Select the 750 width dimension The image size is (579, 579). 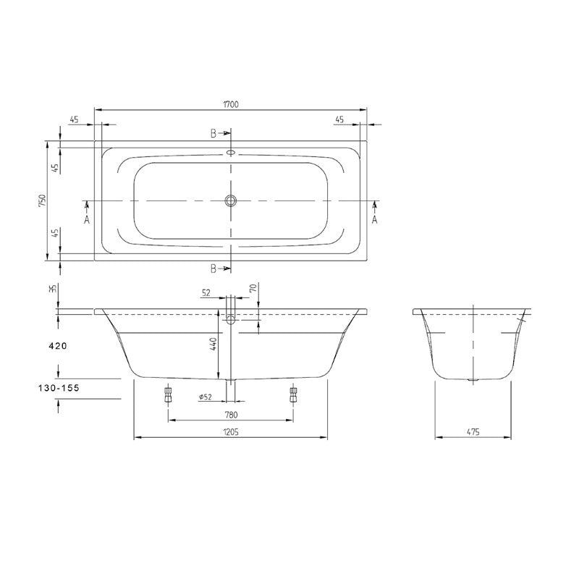pos(42,200)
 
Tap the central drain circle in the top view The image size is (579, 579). pos(231,200)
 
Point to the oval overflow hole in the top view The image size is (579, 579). pos(231,153)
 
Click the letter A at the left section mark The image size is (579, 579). pos(86,219)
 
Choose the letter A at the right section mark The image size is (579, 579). pos(375,219)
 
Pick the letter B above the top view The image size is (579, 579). pos(214,134)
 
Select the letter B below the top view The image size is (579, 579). pos(214,269)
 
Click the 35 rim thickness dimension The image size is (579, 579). pos(52,288)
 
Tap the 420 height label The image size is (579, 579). pos(57,347)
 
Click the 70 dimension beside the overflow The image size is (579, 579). pos(253,288)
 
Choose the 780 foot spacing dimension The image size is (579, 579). pos(231,415)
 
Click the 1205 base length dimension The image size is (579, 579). pos(231,432)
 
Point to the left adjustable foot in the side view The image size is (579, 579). pos(168,394)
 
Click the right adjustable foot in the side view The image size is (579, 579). pos(293,394)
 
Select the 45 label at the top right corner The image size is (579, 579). pos(339,120)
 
